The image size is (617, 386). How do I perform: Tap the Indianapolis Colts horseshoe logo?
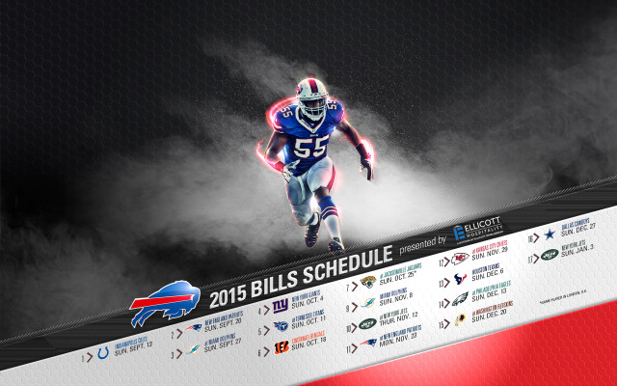[x=103, y=354]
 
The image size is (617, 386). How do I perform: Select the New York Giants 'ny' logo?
[x=279, y=307]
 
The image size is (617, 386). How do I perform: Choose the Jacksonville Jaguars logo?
[x=367, y=283]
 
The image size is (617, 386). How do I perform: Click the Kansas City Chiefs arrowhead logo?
[x=461, y=259]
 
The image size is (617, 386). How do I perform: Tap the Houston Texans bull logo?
[x=461, y=280]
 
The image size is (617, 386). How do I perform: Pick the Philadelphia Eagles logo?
[x=461, y=299]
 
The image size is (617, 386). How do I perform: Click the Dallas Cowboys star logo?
[x=549, y=234]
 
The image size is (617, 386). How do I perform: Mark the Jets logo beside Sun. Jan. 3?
[x=549, y=255]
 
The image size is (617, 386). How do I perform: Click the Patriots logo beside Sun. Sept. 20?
[x=194, y=330]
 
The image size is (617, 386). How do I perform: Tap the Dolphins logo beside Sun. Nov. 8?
[x=367, y=304]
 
